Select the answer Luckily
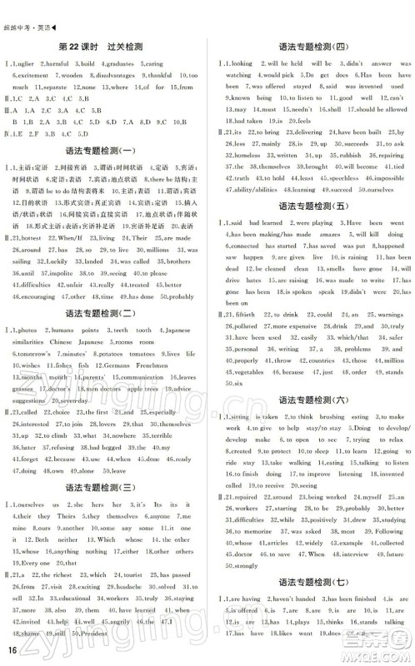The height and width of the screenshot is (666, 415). click(x=51, y=261)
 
